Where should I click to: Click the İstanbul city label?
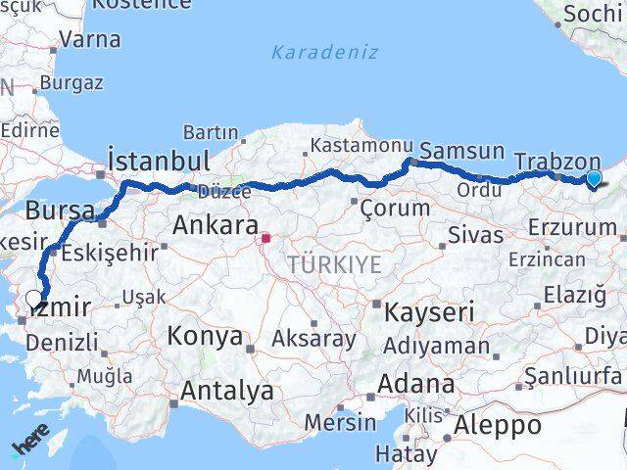pyautogui.click(x=159, y=161)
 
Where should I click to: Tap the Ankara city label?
pyautogui.click(x=216, y=225)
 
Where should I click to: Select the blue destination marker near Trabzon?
pyautogui.click(x=594, y=178)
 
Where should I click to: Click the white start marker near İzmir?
pyautogui.click(x=34, y=300)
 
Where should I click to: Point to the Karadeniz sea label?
pyautogui.click(x=324, y=52)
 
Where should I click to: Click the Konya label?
pyautogui.click(x=205, y=336)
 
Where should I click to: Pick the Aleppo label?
pyautogui.click(x=499, y=426)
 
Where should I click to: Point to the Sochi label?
pyautogui.click(x=594, y=15)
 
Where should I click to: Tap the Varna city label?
pyautogui.click(x=90, y=40)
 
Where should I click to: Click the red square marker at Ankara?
pyautogui.click(x=265, y=236)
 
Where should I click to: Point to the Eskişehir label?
pyautogui.click(x=109, y=252)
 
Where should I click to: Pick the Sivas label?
pyautogui.click(x=475, y=235)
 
